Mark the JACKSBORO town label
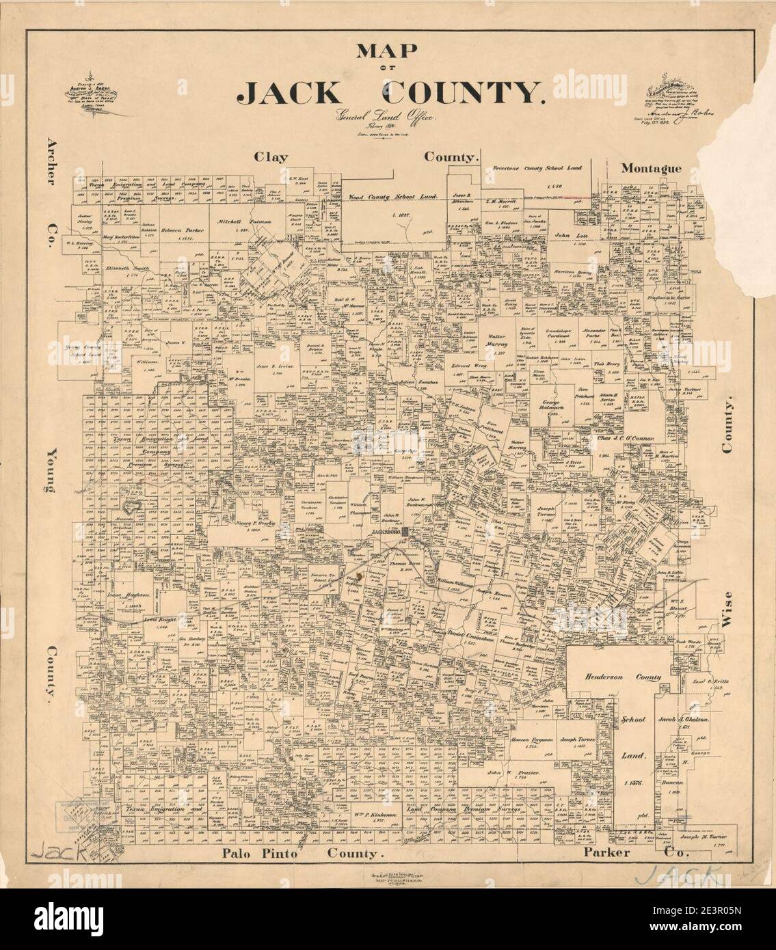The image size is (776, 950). point(385,532)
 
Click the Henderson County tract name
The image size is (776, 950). point(622,677)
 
